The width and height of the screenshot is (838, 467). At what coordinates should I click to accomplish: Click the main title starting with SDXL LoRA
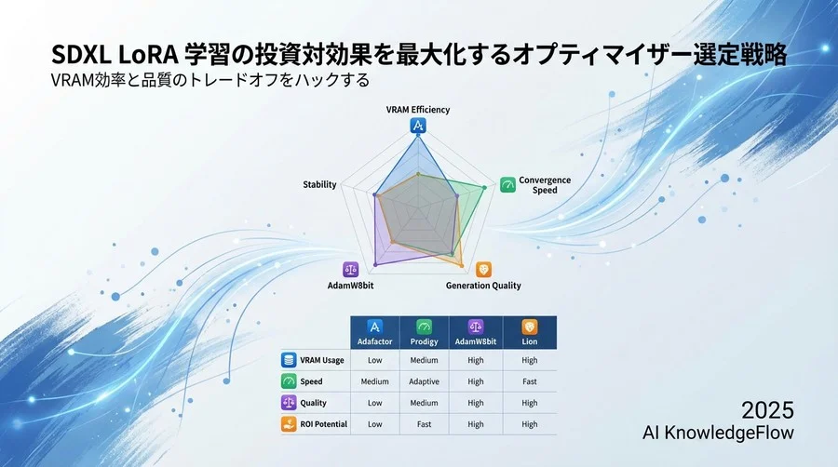point(406,55)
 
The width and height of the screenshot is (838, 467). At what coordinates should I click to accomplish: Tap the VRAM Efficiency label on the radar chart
point(418,110)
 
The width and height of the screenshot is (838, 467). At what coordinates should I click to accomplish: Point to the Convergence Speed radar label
point(545,185)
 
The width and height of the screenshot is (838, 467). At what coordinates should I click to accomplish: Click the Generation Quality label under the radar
point(483,286)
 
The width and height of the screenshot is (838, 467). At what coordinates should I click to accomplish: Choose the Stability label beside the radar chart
point(319,185)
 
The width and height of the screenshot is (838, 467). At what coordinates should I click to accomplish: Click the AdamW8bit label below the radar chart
point(351,286)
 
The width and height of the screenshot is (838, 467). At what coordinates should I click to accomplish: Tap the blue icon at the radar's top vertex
point(418,127)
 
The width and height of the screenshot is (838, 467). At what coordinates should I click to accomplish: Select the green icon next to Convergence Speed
point(507,184)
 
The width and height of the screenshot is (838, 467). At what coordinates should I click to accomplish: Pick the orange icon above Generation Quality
point(483,269)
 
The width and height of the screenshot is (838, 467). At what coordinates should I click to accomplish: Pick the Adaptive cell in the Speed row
point(424,381)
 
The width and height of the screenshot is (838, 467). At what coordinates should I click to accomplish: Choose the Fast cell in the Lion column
point(529,381)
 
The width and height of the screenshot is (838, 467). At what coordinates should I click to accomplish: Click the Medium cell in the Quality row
point(424,403)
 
